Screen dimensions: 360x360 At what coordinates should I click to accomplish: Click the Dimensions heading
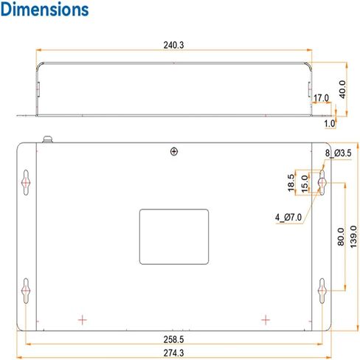click(44, 10)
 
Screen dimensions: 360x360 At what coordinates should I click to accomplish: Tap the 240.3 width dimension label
click(173, 45)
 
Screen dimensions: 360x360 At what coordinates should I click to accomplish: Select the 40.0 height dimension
click(342, 89)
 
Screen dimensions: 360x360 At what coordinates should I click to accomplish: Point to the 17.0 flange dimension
click(321, 98)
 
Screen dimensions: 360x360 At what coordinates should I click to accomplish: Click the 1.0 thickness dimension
click(330, 123)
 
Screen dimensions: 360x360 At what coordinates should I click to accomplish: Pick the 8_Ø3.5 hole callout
click(339, 153)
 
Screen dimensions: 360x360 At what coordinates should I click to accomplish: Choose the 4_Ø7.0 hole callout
click(288, 218)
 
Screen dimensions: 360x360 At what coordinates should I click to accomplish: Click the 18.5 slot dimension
click(291, 183)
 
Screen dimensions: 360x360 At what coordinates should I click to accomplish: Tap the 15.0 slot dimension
click(305, 184)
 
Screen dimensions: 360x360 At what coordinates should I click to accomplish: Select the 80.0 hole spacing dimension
click(341, 237)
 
